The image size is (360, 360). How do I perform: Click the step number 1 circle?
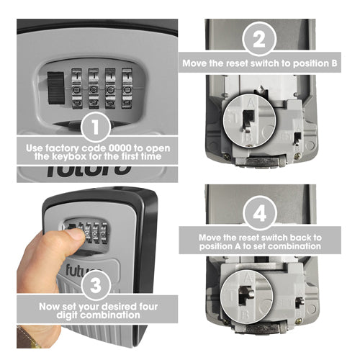pyautogui.click(x=96, y=127)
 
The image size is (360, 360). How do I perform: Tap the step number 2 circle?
pyautogui.click(x=259, y=39)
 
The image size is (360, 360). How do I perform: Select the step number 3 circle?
pyautogui.click(x=96, y=285)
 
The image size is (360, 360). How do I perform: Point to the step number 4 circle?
pyautogui.click(x=260, y=213)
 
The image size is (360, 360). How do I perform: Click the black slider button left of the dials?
pyautogui.click(x=56, y=88)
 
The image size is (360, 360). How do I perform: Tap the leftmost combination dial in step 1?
pyautogui.click(x=77, y=89)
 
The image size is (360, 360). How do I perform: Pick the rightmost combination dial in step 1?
pyautogui.click(x=127, y=88)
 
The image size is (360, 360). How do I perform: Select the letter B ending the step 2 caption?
pyautogui.click(x=334, y=63)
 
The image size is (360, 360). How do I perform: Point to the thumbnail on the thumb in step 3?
pyautogui.click(x=78, y=235)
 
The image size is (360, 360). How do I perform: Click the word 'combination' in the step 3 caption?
pyautogui.click(x=110, y=315)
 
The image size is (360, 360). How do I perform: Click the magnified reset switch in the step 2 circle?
pyautogui.click(x=248, y=120)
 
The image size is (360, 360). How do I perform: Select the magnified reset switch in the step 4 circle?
pyautogui.click(x=246, y=294)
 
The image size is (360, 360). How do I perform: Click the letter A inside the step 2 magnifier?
pyautogui.click(x=251, y=104)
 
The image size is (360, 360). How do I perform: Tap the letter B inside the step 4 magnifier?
pyautogui.click(x=244, y=315)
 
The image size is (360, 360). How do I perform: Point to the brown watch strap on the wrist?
pyautogui.click(x=27, y=337)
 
